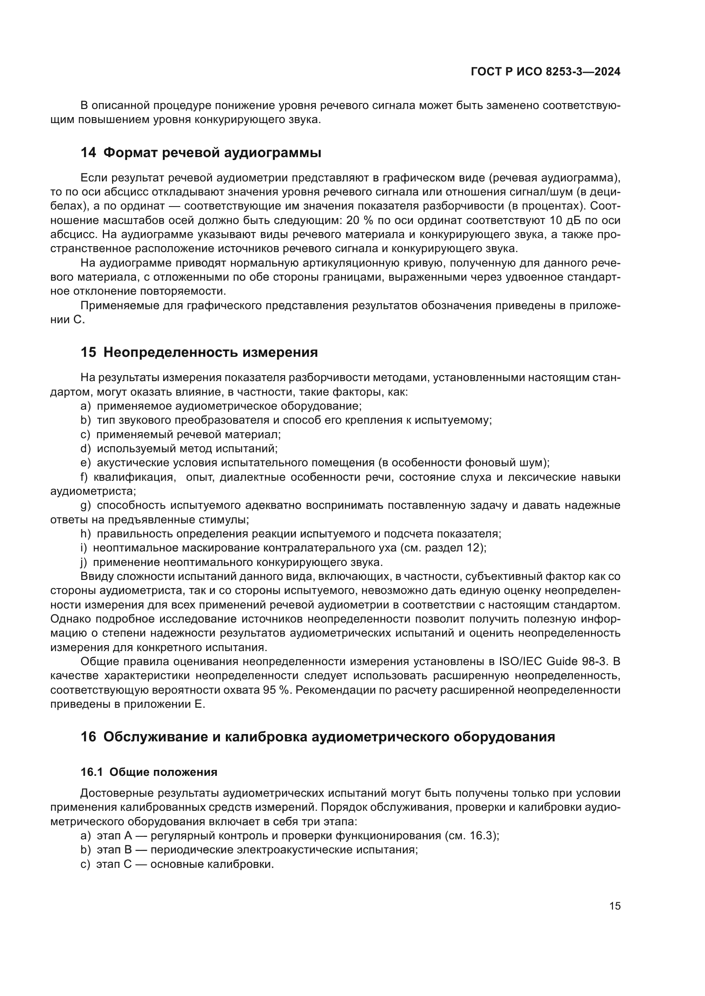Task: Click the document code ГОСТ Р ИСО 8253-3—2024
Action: pos(545,72)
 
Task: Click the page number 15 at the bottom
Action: pos(615,906)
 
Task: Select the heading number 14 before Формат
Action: pos(88,153)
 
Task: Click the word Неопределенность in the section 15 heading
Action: pos(170,352)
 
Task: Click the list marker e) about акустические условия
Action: pos(86,463)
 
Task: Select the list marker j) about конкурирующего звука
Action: pos(84,563)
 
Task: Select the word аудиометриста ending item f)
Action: pos(92,491)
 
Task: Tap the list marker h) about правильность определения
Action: pos(86,534)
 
